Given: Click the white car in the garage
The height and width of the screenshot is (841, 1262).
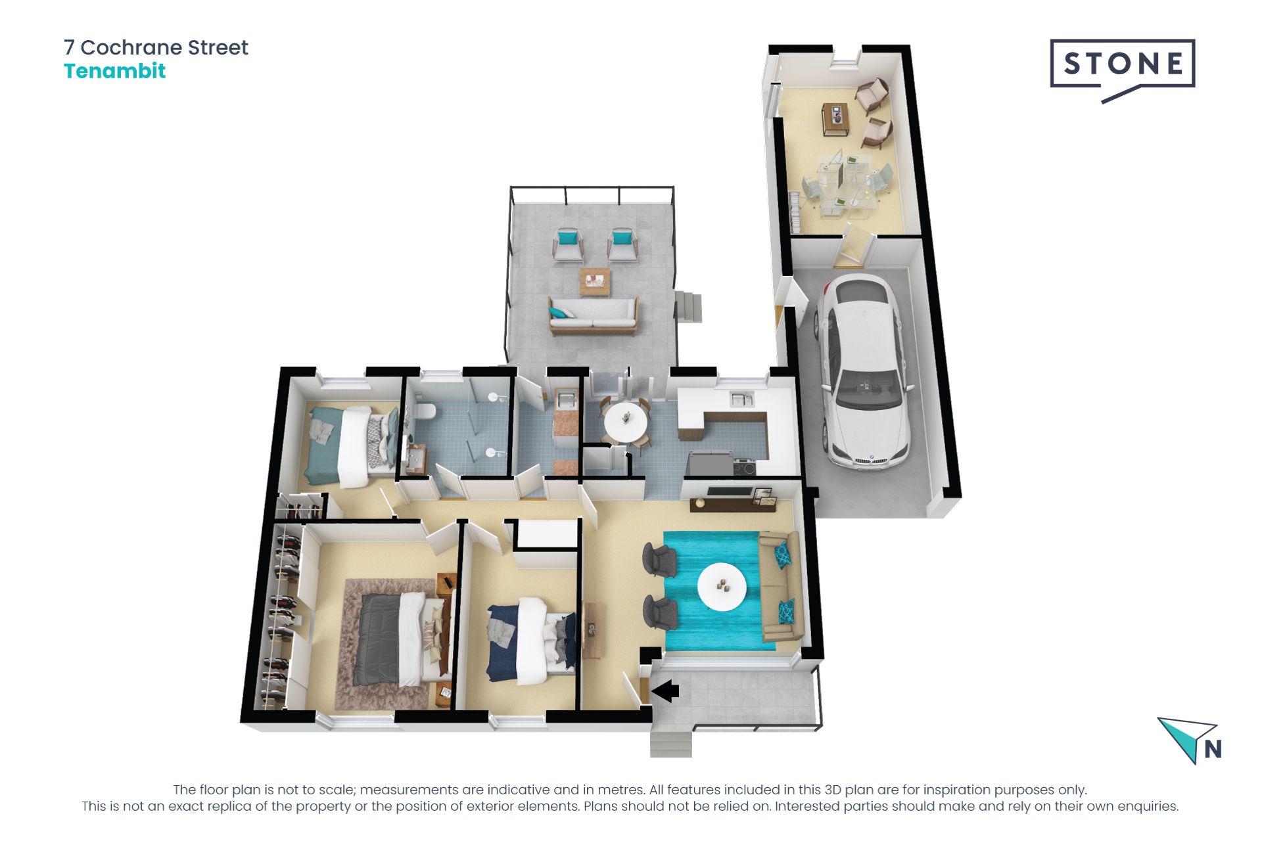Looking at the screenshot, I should tap(862, 371).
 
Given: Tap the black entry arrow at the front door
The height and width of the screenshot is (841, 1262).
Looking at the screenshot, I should tap(665, 691).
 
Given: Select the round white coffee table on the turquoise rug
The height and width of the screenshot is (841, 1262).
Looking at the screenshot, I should tap(722, 587).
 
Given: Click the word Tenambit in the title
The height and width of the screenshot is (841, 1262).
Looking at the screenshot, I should tap(114, 71).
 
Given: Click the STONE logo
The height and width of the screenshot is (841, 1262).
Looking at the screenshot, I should tap(1123, 64).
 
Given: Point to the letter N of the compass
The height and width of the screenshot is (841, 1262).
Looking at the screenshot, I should tap(1213, 749).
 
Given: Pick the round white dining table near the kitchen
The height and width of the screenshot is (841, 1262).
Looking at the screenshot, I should tap(625, 421).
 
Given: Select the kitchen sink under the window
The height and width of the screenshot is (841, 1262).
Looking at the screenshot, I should tap(742, 399).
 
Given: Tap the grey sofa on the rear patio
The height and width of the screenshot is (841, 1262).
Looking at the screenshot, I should tap(594, 315).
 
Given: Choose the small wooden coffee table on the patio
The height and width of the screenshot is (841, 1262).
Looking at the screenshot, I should tap(595, 281).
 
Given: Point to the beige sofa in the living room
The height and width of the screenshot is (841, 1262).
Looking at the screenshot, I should tap(780, 587).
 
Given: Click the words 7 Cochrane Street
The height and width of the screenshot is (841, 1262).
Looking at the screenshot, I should tap(156, 47).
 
